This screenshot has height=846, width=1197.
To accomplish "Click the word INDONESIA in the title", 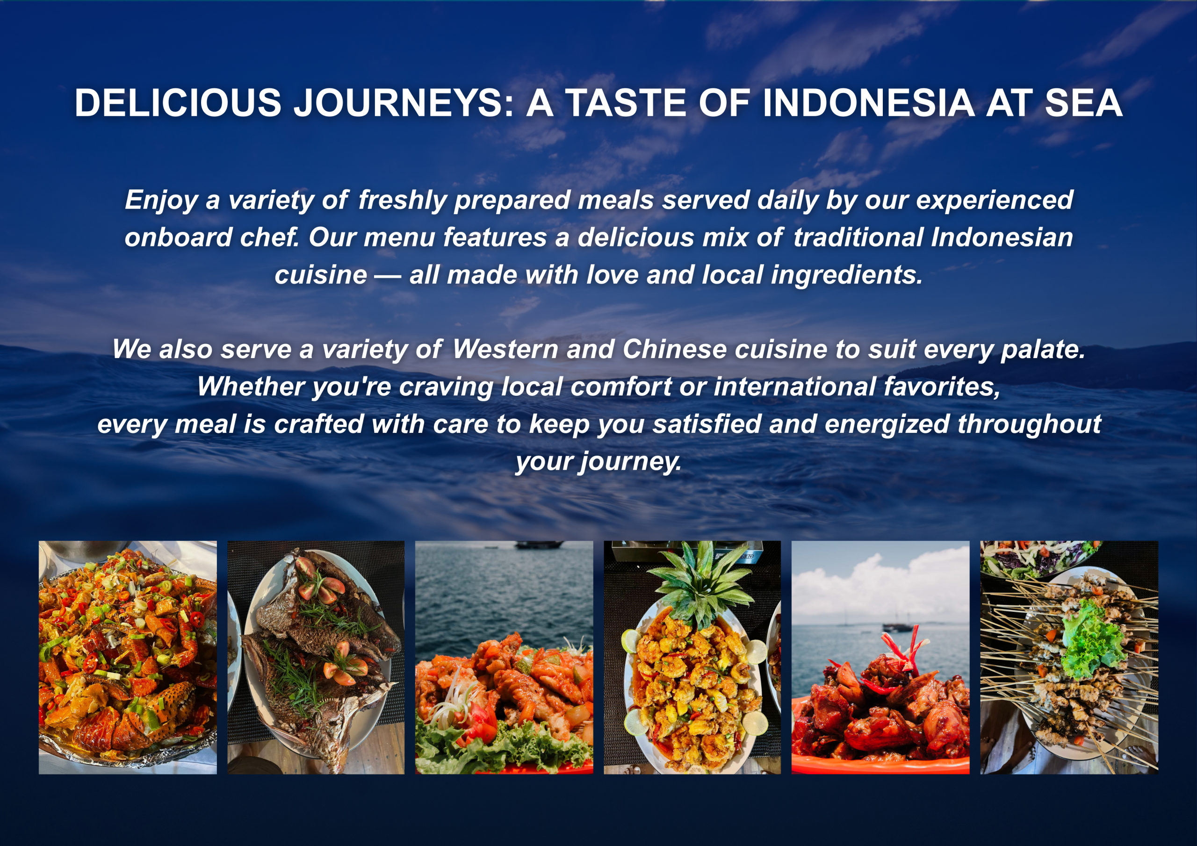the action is (868, 103).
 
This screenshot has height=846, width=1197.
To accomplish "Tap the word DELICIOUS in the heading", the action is (178, 103).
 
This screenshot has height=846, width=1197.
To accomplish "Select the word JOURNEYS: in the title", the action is (404, 103).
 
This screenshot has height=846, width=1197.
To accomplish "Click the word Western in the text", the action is (505, 349).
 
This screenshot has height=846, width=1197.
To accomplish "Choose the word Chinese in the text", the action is (674, 349).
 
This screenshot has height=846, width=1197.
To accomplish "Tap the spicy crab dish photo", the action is (128, 657).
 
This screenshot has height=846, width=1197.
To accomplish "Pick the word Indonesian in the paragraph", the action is (1002, 238).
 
